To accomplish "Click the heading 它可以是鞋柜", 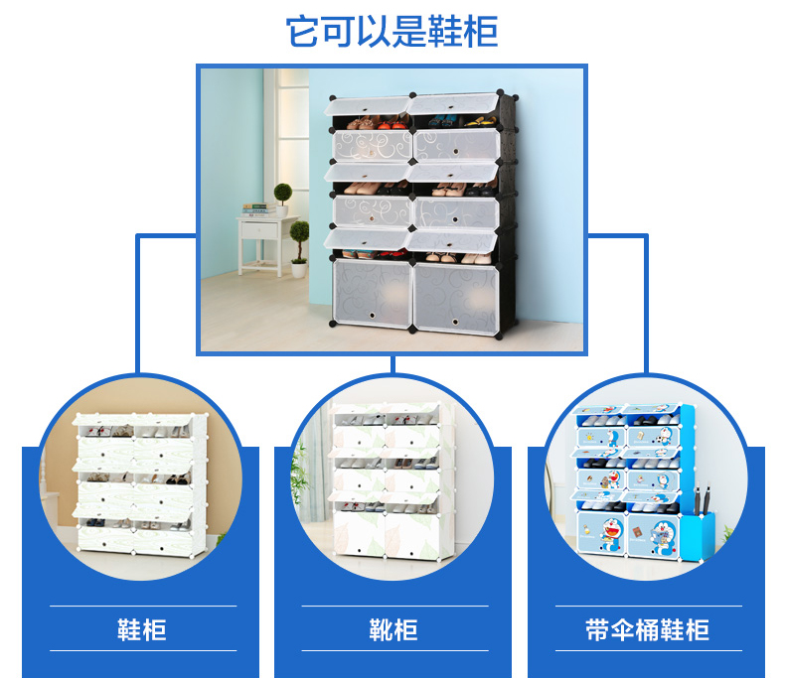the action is click(392, 32).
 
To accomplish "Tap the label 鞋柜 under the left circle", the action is click(142, 628).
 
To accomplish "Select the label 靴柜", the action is click(392, 628).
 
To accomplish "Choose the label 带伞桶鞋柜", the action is click(646, 628).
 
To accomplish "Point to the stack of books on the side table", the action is click(257, 209).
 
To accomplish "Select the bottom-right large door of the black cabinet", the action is click(455, 294).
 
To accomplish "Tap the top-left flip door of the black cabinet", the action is click(370, 107).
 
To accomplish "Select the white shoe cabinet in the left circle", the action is click(140, 482).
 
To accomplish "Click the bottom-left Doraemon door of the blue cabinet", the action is click(600, 531).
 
